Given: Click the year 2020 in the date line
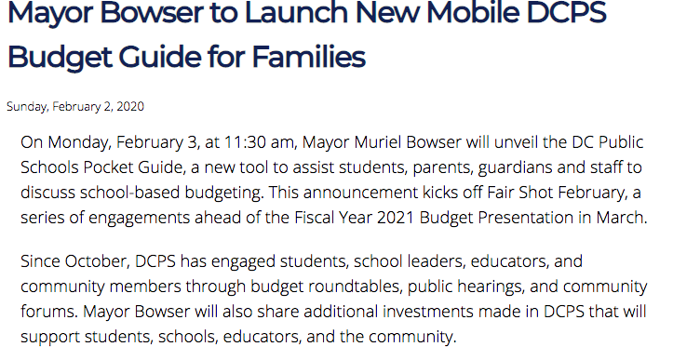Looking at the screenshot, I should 129,107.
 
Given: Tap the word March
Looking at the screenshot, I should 620,218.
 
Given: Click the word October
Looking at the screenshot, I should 97,261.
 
